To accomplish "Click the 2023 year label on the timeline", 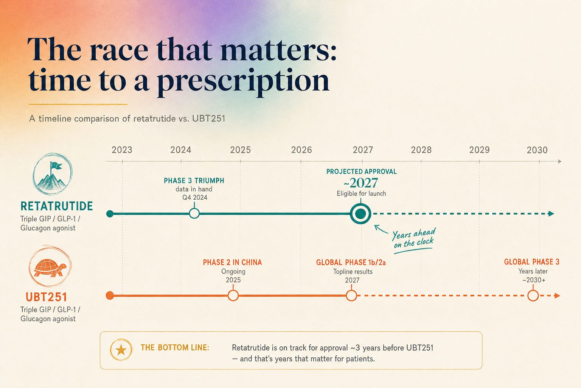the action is (122, 150).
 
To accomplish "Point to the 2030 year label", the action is (537, 150).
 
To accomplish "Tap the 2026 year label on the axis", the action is (301, 150).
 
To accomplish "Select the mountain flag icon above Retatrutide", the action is (53, 174).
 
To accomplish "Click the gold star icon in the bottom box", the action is (121, 350).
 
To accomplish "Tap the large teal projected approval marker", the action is (360, 214).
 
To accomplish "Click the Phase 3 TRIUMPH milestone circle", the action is (194, 213).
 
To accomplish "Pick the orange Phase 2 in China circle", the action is (233, 296).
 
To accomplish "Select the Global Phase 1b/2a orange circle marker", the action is (351, 296).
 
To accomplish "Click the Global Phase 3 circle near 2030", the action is (533, 296).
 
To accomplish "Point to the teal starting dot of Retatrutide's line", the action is (110, 214).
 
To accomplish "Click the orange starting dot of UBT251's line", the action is (110, 296).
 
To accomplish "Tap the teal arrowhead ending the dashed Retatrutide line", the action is (551, 214).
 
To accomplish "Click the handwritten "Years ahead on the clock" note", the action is (414, 239).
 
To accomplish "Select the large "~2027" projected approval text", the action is (361, 183).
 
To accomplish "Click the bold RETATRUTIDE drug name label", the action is (56, 206).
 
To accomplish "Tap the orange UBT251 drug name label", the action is (47, 297).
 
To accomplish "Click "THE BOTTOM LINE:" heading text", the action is (175, 348).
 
